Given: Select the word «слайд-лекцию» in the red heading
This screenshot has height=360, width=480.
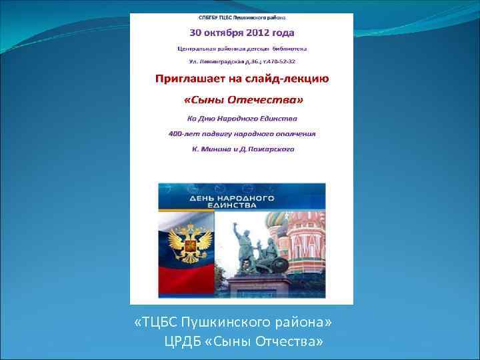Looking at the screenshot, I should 291,79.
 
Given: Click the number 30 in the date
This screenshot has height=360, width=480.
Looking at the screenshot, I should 197,33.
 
